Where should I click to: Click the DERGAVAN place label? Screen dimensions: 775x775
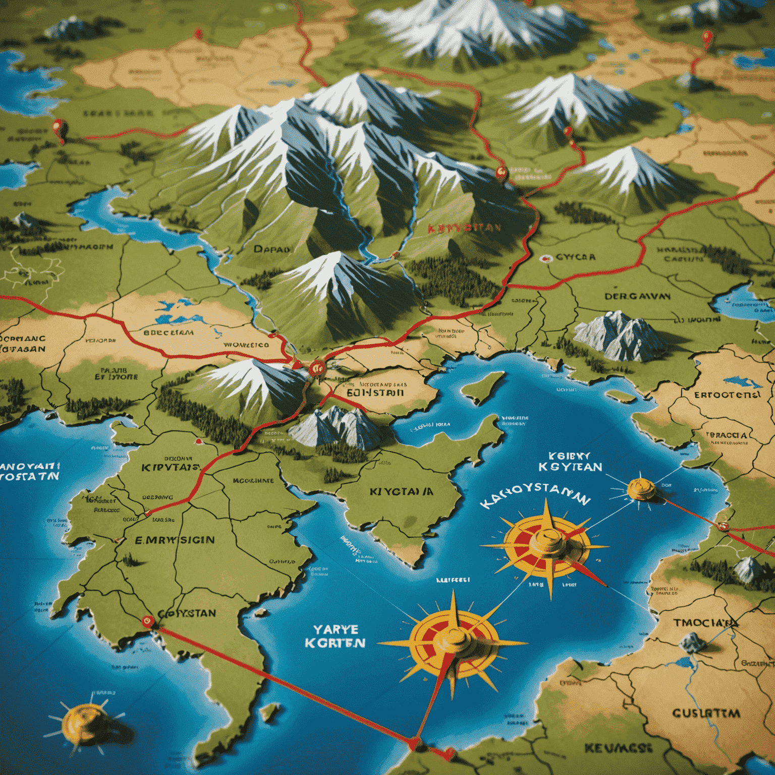click(x=638, y=296)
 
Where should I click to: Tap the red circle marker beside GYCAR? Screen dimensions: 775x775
click(x=545, y=258)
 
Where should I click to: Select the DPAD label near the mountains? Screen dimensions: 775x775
click(x=272, y=248)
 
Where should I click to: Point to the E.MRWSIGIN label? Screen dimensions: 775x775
click(x=175, y=540)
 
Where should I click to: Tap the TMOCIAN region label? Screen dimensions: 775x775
click(x=704, y=623)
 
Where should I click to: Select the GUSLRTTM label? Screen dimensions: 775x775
click(x=706, y=713)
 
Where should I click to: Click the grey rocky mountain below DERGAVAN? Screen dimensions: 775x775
click(x=618, y=336)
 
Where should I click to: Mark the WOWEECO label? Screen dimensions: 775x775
click(x=246, y=345)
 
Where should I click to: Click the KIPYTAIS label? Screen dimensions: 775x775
click(x=171, y=467)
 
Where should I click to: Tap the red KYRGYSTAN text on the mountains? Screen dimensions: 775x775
click(x=464, y=228)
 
